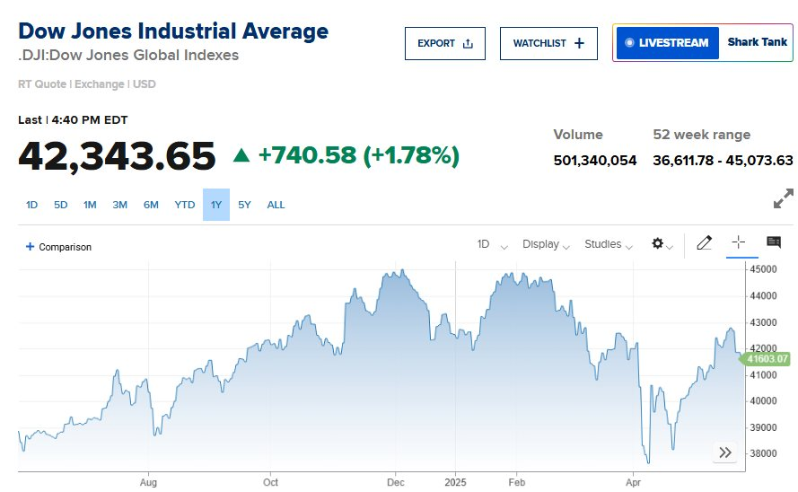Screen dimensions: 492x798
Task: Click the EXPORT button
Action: pyautogui.click(x=444, y=43)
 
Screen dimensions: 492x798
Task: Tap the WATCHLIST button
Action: pyautogui.click(x=548, y=43)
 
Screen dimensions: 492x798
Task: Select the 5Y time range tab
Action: pyautogui.click(x=244, y=205)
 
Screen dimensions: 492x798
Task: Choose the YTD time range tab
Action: pyautogui.click(x=184, y=205)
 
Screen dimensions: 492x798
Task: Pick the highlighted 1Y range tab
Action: pyautogui.click(x=215, y=205)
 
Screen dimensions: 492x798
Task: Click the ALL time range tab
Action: pyautogui.click(x=276, y=205)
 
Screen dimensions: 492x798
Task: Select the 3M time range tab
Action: pyautogui.click(x=119, y=205)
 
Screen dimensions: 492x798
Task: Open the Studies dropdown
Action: pyautogui.click(x=608, y=244)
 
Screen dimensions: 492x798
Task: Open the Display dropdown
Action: pyautogui.click(x=546, y=244)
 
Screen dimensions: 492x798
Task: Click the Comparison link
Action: pyautogui.click(x=59, y=247)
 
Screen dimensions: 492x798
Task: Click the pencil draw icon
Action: pyautogui.click(x=705, y=242)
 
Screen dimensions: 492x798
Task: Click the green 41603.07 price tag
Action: pyautogui.click(x=765, y=359)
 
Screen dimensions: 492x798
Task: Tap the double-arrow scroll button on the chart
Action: pyautogui.click(x=724, y=452)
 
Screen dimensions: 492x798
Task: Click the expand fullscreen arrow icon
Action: pyautogui.click(x=783, y=198)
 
